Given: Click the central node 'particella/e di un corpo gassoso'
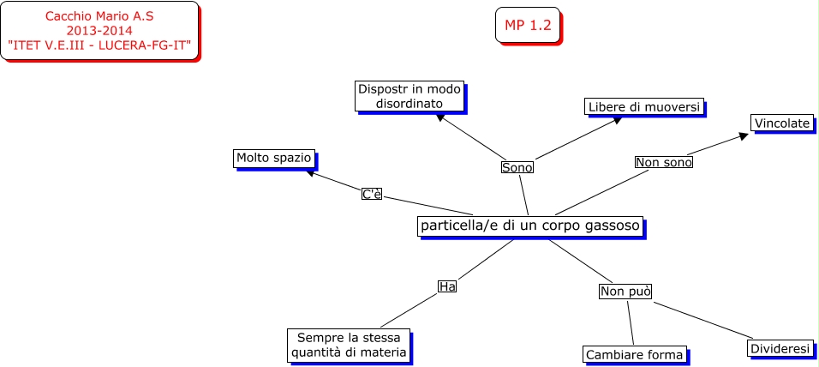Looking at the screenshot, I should pos(529,226).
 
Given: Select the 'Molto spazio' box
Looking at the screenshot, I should pos(274,159).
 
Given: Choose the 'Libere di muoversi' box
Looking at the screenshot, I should pos(644,106).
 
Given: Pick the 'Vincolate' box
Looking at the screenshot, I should pos(782,123).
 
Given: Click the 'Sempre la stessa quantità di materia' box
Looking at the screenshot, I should pos(349,345).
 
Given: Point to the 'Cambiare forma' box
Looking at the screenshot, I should pos(634,355).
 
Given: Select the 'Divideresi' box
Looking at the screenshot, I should pos(780,349).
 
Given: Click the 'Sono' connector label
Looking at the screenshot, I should pos(517,168).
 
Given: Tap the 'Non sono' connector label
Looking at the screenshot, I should pos(663,162).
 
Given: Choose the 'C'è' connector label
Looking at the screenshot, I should pos(371,195).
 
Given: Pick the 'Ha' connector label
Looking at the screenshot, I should pos(446,286).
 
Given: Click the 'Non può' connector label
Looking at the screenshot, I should pos(625,292).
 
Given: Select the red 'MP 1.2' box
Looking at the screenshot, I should pos(527,26).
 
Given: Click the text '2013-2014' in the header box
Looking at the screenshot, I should pos(99,30).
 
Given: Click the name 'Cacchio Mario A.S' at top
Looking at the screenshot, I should pos(99,16).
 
